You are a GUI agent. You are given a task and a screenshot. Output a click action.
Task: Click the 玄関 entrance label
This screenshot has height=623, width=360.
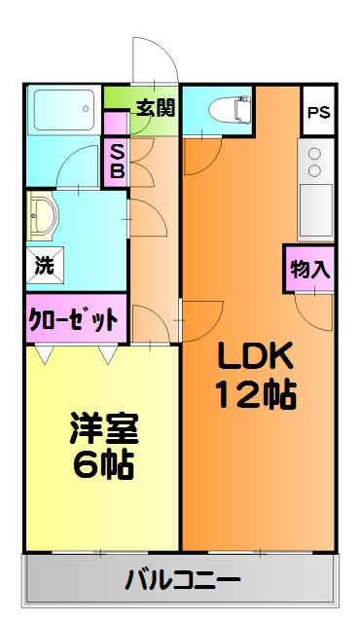coord(154,107)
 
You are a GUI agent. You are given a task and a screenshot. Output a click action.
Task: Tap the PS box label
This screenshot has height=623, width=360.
coord(317,112)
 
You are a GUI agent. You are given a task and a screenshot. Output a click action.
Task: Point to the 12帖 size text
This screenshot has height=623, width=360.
coord(255,395)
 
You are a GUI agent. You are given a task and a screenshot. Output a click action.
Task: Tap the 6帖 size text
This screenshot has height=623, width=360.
coord(102,462)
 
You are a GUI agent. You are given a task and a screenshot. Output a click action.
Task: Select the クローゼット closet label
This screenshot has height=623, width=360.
coord(74,318)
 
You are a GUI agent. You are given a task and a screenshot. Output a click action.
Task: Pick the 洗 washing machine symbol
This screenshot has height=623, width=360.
coord(44,263)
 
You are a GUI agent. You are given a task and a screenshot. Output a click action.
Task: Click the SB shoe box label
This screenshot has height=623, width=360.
coord(116,162)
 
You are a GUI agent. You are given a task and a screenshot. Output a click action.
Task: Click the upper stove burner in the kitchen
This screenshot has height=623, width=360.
coord(315,153)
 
